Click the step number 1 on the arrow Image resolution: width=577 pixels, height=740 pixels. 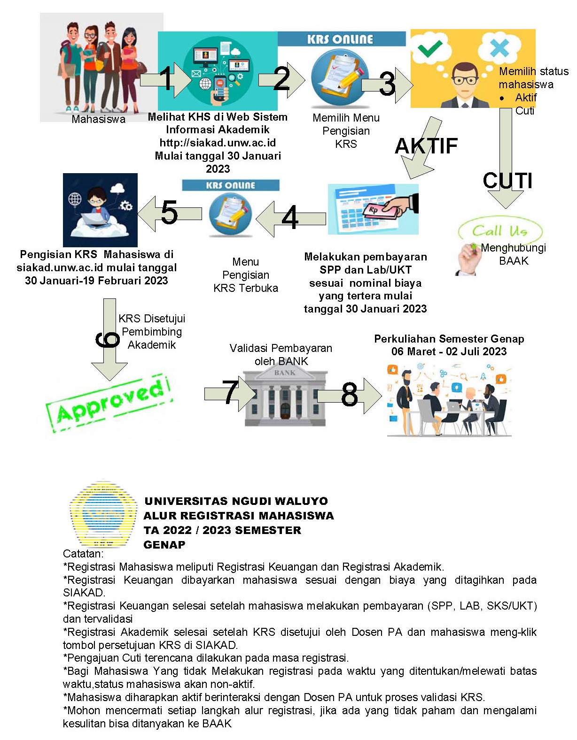(x=166, y=78)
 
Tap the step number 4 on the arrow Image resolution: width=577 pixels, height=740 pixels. (x=290, y=217)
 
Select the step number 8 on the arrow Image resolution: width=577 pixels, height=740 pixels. (x=350, y=395)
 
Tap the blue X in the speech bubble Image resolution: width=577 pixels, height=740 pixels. (x=499, y=47)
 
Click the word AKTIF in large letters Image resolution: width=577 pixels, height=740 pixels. (x=426, y=146)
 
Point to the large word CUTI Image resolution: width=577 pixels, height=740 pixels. (x=507, y=181)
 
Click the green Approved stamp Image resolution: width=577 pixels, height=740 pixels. (x=109, y=403)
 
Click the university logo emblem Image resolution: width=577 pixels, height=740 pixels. (x=103, y=514)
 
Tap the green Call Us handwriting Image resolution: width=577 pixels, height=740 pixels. (x=499, y=231)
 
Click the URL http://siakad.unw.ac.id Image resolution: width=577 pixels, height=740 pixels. (x=218, y=143)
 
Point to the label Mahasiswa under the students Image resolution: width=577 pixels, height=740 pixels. (x=99, y=119)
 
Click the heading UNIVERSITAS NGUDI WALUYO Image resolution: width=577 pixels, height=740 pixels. (x=236, y=501)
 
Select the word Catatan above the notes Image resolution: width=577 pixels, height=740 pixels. (x=83, y=554)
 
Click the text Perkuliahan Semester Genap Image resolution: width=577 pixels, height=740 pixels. (x=449, y=339)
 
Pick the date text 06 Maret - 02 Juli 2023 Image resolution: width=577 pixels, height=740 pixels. (x=449, y=351)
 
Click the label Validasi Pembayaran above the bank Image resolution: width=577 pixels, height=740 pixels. (x=281, y=348)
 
